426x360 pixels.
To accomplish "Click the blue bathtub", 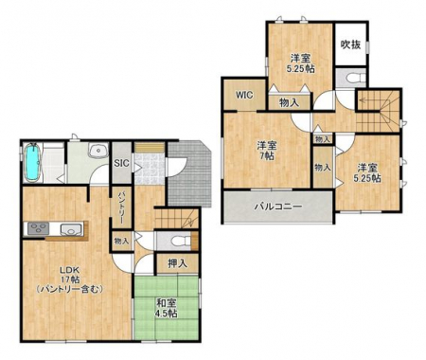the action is pos(32,163).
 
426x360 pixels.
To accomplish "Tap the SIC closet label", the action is pos(121,163).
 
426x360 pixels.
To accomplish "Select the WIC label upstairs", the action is pos(244,95).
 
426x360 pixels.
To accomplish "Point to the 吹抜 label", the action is pos(350,45).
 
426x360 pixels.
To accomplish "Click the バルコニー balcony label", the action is pos(278,207).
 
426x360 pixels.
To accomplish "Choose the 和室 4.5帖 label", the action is pos(167,308).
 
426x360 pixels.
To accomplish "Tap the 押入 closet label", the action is pos(177,263).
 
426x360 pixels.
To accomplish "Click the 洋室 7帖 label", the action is pos(267,151).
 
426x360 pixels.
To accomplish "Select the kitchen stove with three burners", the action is pos(38,228).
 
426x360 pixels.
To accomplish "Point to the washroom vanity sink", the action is pos(98,151).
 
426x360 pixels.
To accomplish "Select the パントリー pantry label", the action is pos(122,207).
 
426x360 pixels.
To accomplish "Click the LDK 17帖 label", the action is pos(70,279).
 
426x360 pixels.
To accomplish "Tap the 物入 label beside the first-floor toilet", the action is pos(121,242).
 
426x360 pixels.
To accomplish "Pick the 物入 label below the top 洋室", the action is pos(289,102).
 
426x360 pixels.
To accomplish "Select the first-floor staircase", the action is pos(176,219).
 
